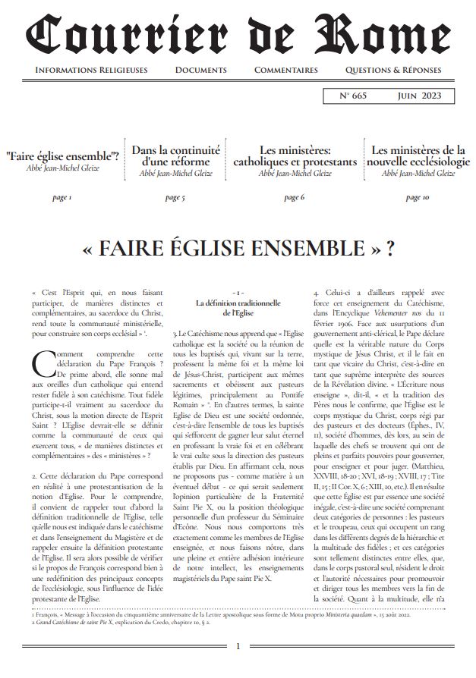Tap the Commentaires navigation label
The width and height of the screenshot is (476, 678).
click(x=285, y=70)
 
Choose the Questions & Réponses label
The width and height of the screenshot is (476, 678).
click(x=392, y=70)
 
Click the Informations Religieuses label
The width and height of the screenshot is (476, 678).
click(x=92, y=70)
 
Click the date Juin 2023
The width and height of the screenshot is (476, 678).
click(x=420, y=96)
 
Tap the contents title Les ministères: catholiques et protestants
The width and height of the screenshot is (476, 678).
click(x=294, y=156)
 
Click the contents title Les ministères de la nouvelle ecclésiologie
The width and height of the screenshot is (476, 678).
click(x=417, y=156)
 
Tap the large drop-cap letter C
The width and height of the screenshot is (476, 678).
click(x=43, y=364)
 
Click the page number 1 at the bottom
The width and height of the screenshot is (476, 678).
click(x=238, y=646)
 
